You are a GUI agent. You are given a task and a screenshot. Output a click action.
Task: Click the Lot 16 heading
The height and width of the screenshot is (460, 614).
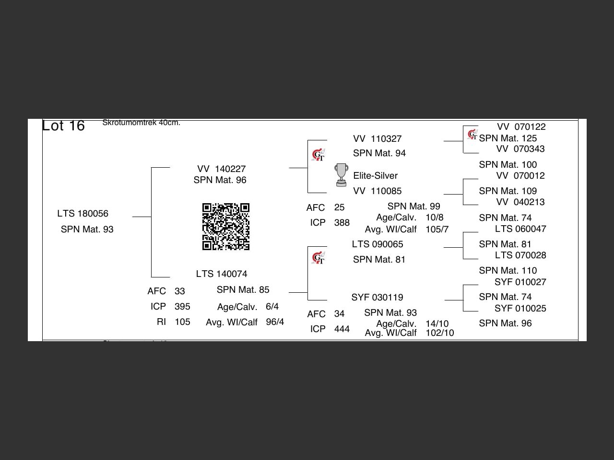pos(63,126)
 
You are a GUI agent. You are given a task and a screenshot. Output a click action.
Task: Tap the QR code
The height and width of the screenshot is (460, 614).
pos(226,227)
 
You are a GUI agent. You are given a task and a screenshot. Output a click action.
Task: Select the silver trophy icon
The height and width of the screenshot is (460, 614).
pos(341,175)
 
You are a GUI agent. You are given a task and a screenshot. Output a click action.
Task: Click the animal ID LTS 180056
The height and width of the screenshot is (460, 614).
pos(83,214)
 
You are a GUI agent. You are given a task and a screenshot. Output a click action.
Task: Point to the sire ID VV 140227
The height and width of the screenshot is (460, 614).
pos(221,169)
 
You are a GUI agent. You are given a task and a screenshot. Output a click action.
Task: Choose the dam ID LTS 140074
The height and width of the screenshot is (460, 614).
pos(222,274)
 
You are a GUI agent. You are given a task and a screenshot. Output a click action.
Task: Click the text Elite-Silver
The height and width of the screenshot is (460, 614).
pos(375,176)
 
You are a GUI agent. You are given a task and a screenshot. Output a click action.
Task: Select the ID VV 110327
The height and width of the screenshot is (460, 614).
pos(377,139)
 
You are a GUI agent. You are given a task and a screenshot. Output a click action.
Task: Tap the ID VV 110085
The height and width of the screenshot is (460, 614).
pos(377,191)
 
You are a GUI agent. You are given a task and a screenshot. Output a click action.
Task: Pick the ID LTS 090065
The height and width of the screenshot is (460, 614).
pos(378,244)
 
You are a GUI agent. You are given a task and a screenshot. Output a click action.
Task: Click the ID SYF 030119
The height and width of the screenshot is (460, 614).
pos(377,298)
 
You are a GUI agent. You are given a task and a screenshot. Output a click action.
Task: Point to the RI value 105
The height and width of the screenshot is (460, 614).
pos(182,322)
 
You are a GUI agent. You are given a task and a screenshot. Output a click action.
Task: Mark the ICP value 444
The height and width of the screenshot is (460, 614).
pos(342,329)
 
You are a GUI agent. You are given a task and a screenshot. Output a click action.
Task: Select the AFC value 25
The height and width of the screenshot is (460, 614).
pos(339,207)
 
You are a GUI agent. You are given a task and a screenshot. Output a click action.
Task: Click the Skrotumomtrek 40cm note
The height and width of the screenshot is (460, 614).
pos(141,123)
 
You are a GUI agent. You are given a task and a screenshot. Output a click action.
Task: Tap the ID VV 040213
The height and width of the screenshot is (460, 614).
pos(520,202)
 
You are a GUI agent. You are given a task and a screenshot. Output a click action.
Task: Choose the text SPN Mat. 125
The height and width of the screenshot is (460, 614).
pos(508,138)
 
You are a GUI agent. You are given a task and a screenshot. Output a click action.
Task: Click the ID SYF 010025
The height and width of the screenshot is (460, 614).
pos(520,309)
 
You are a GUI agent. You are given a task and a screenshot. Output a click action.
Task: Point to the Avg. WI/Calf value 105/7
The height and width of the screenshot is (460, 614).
pos(437,230)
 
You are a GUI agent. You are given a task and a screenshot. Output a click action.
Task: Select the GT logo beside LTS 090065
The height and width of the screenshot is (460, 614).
pos(318,258)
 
